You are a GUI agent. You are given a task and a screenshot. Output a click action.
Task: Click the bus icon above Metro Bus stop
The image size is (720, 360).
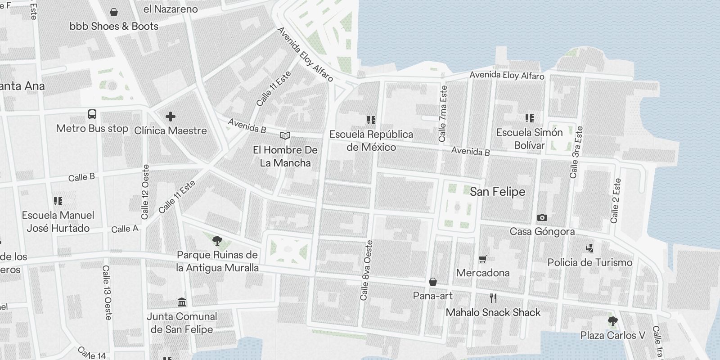pos(92,114)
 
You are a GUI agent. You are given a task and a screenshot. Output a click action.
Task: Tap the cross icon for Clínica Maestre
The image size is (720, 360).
pos(170,117)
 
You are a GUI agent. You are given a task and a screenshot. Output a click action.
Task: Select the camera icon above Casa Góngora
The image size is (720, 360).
pos(542,217)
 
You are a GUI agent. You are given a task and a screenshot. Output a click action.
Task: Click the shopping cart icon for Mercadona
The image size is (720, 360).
pos(483,259)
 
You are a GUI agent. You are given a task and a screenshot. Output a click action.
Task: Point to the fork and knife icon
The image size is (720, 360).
pos(493,298)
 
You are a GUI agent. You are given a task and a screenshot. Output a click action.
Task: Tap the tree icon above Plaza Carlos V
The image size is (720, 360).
pos(612,321)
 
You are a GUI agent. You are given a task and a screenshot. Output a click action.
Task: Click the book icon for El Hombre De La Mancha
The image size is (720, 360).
pos(285,135)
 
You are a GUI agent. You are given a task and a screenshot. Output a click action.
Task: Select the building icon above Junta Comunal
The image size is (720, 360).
pos(182,301)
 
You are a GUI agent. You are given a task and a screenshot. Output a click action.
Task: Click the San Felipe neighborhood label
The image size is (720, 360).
pos(497,192)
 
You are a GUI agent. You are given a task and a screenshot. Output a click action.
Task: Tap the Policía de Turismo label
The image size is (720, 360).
pos(589,262)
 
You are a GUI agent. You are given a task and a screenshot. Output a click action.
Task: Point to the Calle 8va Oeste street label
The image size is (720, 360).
pos(367,270)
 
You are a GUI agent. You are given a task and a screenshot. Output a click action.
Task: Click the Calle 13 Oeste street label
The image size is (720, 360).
pos(107,292)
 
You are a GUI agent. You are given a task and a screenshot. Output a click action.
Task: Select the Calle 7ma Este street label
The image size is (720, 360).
pos(443,113)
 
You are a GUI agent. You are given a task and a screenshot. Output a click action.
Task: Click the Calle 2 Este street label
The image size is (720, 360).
pos(615,201)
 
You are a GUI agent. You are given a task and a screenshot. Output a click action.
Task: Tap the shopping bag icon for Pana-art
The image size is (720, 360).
pos(432,282)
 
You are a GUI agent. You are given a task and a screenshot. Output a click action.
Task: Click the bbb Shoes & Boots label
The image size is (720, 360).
pos(114,26)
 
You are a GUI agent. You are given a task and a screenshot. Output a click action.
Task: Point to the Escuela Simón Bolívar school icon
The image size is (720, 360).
pos(529,118)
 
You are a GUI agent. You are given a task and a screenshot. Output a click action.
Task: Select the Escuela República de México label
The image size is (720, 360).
pos(371,140)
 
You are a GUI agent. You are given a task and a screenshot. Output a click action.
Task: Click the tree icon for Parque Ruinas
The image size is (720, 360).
pos(217,240)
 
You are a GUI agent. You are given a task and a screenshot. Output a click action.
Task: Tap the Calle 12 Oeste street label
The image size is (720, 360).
pos(145,192)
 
